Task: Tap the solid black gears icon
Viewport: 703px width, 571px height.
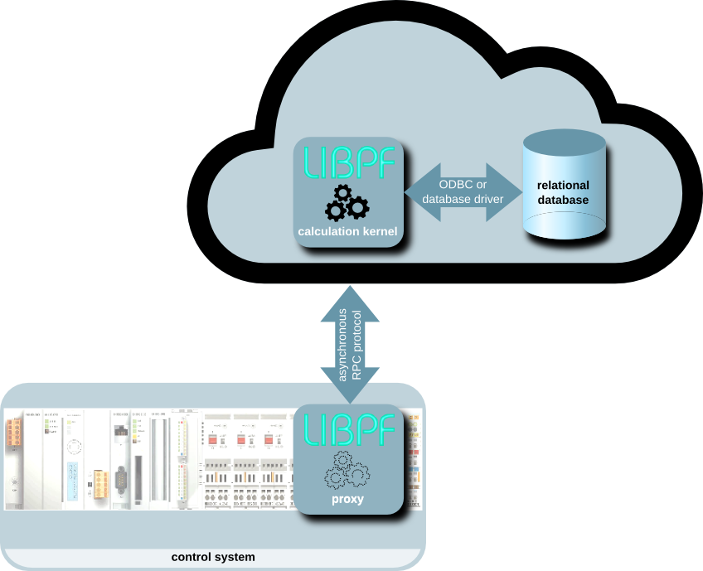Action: (x=347, y=202)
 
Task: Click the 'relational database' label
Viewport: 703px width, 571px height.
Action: (x=563, y=193)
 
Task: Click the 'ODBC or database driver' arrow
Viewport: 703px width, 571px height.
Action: (x=463, y=191)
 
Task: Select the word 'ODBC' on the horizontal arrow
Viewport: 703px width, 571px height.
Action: (x=452, y=184)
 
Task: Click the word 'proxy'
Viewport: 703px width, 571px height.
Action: (x=349, y=500)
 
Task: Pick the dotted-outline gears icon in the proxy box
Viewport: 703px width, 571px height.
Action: (x=348, y=470)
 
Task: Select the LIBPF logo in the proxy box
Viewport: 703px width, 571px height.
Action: (x=349, y=428)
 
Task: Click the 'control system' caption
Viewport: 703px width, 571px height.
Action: (x=213, y=557)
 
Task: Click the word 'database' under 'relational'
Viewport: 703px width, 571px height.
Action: (x=563, y=201)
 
